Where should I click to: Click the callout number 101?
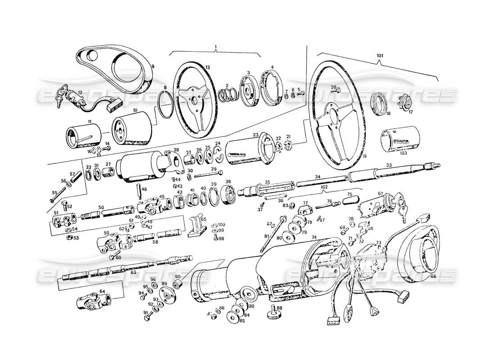[x=379, y=56]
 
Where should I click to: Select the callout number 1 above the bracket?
[x=216, y=47]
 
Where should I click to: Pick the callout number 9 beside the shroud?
[x=153, y=66]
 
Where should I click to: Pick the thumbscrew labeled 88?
[x=273, y=311]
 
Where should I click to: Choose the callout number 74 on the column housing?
[x=314, y=237]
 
